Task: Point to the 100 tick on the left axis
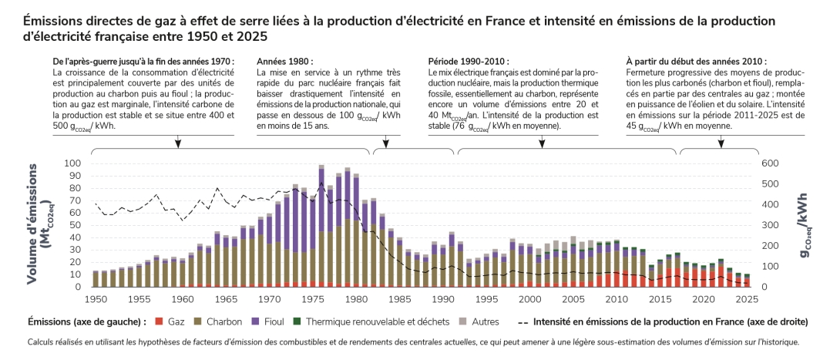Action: click(x=72, y=163)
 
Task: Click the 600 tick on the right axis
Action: click(x=772, y=163)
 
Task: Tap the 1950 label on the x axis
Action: click(x=96, y=298)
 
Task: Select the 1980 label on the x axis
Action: click(x=355, y=298)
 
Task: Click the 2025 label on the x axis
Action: click(x=746, y=298)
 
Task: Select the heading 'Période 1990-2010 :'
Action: click(x=468, y=61)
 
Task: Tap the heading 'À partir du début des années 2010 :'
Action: click(x=696, y=61)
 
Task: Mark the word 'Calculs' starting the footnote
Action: click(x=41, y=342)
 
